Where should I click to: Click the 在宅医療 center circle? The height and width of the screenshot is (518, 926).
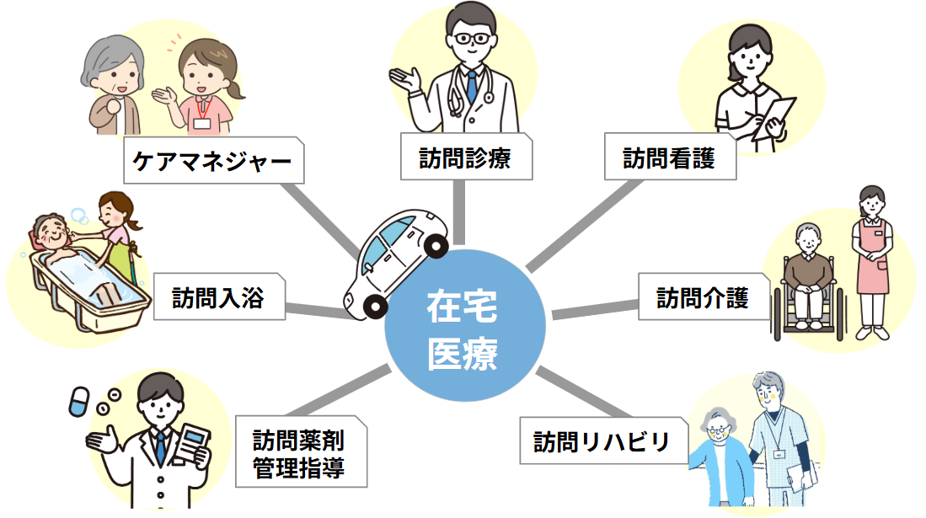pos(462,329)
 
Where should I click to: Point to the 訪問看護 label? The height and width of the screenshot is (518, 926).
pos(669,157)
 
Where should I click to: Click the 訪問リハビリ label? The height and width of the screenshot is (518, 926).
pos(602,441)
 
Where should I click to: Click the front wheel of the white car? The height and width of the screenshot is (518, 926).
pos(435,246)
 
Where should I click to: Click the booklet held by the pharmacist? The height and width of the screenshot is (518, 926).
pos(194,445)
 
